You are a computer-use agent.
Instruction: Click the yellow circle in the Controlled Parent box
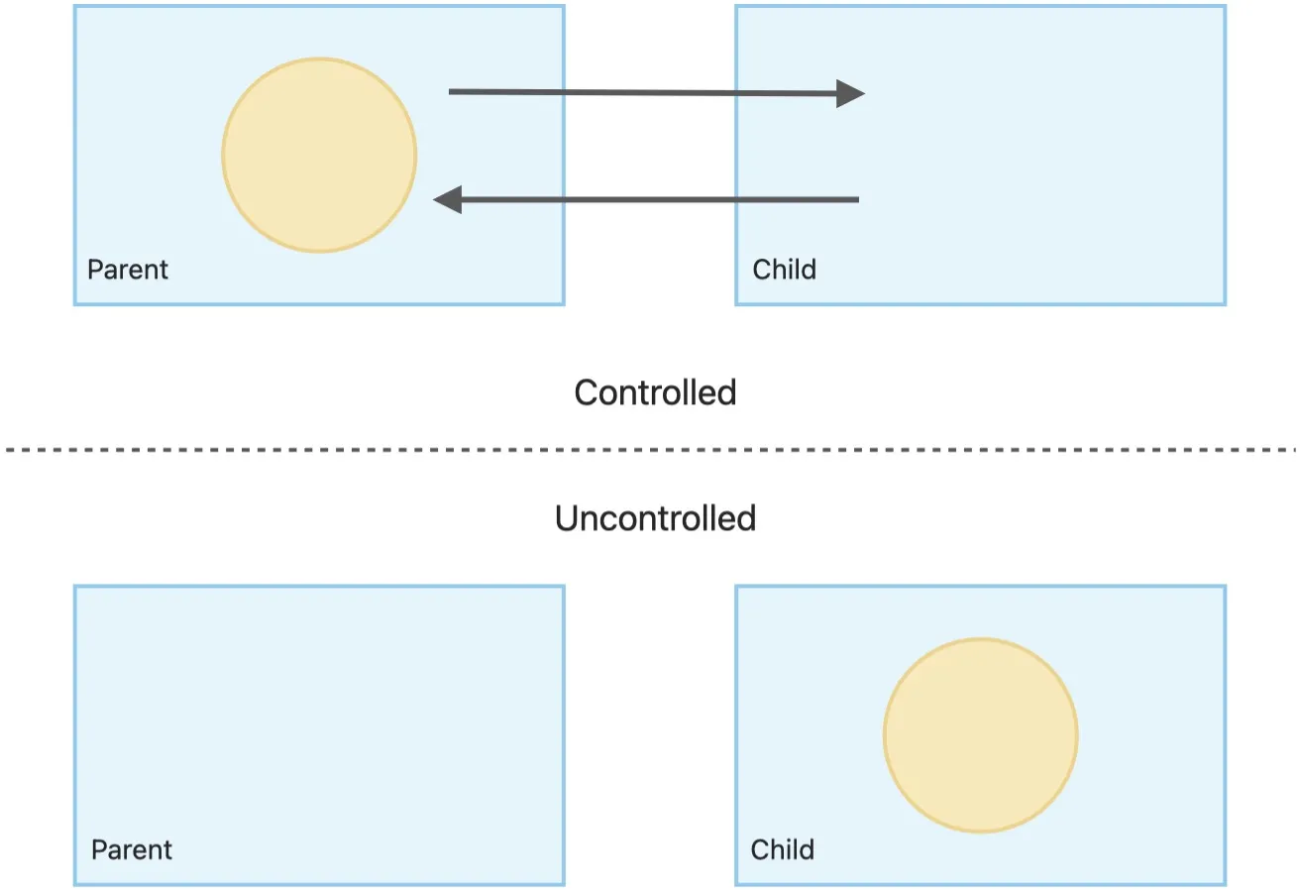[x=319, y=156]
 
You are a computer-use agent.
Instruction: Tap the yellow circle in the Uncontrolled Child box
[x=981, y=735]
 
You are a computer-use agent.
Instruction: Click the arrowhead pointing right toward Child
[x=850, y=93]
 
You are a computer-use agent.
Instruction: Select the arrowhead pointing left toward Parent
[x=448, y=199]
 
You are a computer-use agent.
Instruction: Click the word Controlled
[x=655, y=392]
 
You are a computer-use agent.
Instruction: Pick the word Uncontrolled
[x=655, y=518]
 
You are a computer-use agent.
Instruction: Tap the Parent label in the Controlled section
[x=127, y=270]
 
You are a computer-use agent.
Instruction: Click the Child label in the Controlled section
[x=784, y=270]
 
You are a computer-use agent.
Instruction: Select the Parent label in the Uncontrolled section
[x=132, y=850]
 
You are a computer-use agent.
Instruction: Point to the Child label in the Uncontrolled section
[x=783, y=850]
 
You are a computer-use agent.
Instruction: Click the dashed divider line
[x=651, y=450]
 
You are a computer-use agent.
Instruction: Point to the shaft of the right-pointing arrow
[x=642, y=92]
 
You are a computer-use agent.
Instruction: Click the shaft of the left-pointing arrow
[x=660, y=199]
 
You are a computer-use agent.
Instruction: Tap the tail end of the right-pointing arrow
[x=449, y=91]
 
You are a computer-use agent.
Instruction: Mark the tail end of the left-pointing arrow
[x=858, y=199]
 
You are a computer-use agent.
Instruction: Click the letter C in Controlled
[x=587, y=393]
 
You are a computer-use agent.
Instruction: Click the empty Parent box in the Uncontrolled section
[x=319, y=734]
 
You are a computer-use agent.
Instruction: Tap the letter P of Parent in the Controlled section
[x=95, y=270]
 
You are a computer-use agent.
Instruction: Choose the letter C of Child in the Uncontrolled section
[x=761, y=850]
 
